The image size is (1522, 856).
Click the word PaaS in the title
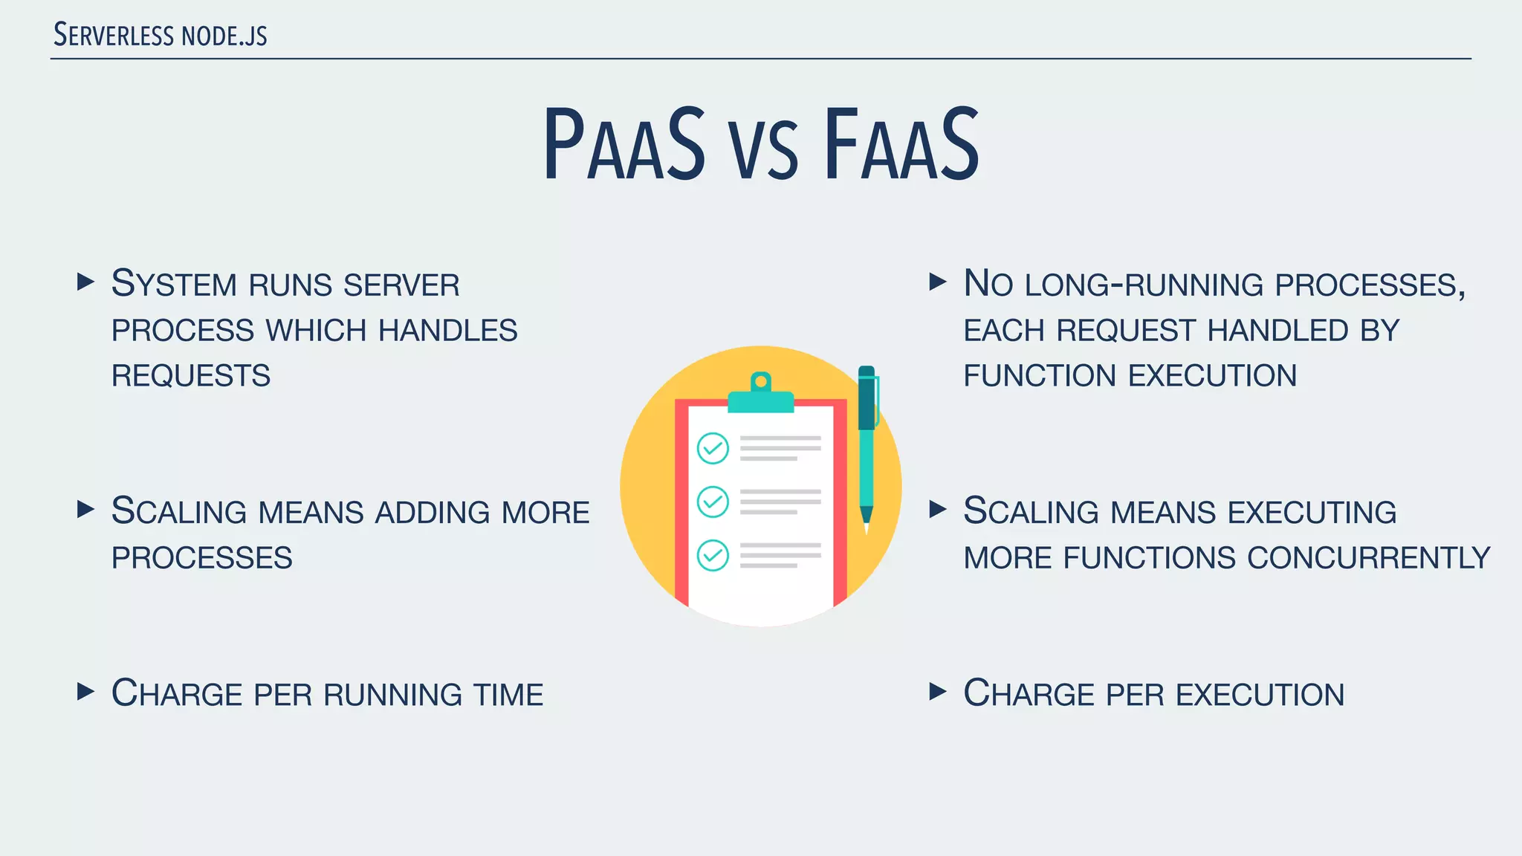(624, 145)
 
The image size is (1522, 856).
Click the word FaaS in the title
(901, 145)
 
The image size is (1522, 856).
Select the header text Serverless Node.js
(161, 35)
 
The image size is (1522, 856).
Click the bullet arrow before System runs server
(86, 282)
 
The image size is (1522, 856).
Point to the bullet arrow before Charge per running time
(86, 692)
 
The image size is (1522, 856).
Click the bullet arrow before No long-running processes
(938, 282)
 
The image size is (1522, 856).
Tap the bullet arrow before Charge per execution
(938, 692)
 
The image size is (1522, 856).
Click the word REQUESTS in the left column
(191, 376)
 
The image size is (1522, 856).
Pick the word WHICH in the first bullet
(316, 331)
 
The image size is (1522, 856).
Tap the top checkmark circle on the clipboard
(713, 448)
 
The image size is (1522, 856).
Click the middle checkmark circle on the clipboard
(713, 502)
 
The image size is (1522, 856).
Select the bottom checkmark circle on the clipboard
(713, 555)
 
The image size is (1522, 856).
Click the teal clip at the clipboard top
(760, 398)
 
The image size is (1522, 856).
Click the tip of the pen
(867, 526)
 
